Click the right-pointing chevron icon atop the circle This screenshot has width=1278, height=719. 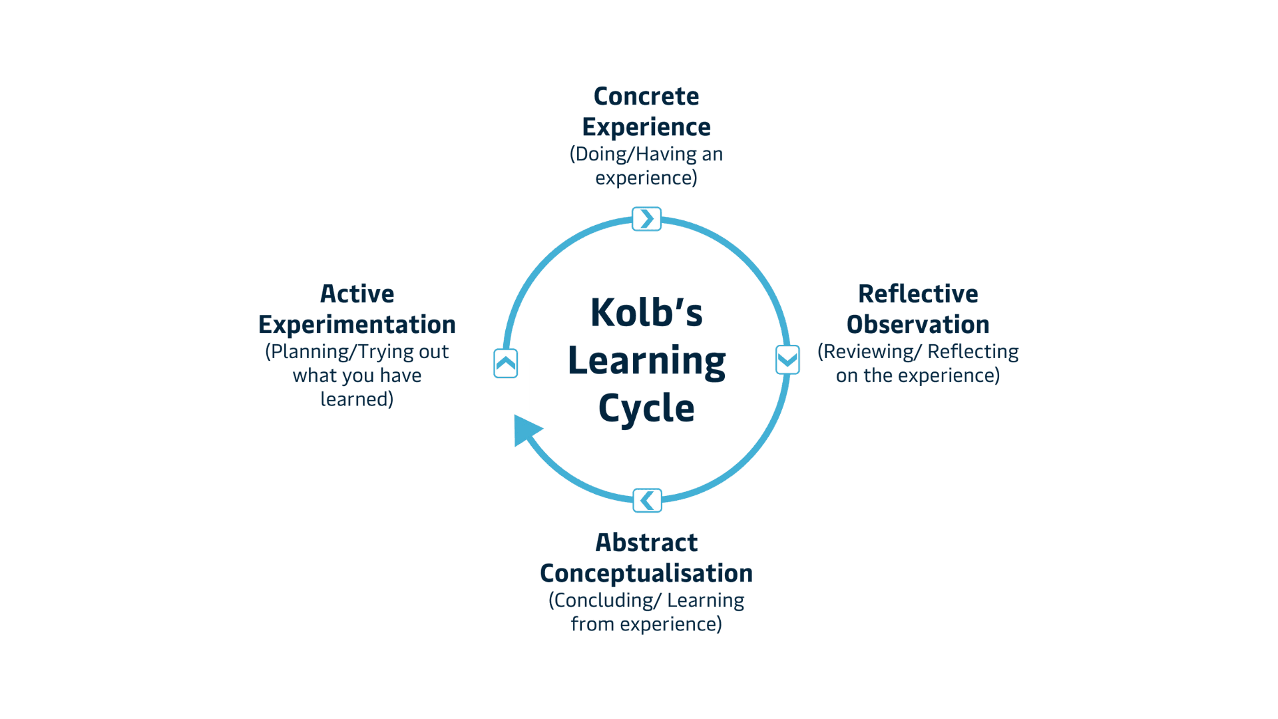pos(646,219)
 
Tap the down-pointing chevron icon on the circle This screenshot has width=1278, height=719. pos(787,360)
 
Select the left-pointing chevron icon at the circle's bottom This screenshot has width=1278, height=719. pos(647,500)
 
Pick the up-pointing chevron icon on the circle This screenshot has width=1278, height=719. pos(506,363)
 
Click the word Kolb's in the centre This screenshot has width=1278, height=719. pos(646,312)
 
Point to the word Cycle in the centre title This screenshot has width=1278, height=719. pos(646,407)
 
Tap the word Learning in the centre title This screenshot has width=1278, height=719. pos(646,361)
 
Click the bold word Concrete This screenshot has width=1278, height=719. pos(646,97)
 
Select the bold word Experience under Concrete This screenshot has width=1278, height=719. pos(646,127)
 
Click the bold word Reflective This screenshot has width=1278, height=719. pos(918,294)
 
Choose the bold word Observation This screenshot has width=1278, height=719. pos(918,325)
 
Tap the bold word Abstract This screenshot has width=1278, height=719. pos(646,543)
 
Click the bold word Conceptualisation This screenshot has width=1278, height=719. pos(646,573)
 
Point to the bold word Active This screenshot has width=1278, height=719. pos(357,294)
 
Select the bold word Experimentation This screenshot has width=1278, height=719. pos(357,325)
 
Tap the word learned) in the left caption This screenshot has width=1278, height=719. pos(357,399)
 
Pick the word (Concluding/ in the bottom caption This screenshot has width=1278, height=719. pos(604,600)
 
